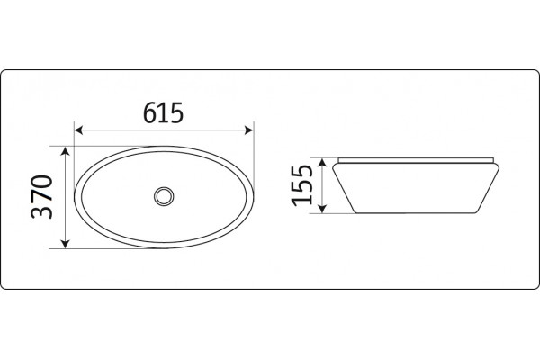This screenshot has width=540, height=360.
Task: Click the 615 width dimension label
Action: coord(163,113)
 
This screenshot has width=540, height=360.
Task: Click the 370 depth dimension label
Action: coord(42,197)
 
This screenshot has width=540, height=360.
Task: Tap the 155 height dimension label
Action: coord(301,185)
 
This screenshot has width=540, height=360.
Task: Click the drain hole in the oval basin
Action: coord(164,196)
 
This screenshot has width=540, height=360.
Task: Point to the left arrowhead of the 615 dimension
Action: coord(78,130)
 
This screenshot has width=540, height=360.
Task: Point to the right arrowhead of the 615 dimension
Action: coord(249,130)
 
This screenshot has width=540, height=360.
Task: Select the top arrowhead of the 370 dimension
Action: coord(65,150)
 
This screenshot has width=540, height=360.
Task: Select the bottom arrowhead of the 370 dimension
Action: coord(65,244)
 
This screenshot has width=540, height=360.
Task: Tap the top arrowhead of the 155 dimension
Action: coord(322,163)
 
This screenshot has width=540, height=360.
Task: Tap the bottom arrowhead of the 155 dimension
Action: coord(322,209)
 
